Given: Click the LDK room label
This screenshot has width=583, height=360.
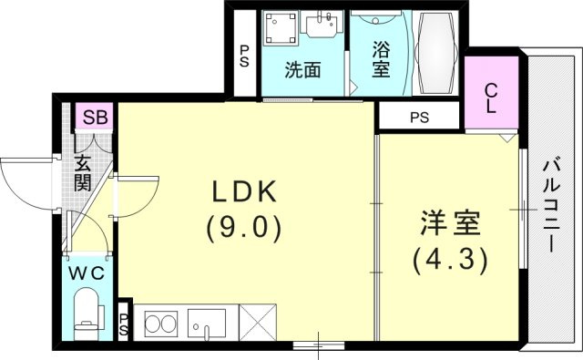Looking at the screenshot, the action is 244,191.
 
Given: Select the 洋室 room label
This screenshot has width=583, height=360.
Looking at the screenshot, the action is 450,223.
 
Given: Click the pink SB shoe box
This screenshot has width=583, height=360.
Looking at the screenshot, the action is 95,117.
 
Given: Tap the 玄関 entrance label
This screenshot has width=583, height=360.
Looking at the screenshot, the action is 83,173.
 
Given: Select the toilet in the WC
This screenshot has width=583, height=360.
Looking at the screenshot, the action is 87,314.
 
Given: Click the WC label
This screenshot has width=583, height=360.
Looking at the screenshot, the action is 87,273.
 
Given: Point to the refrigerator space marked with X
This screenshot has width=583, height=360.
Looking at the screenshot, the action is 258,322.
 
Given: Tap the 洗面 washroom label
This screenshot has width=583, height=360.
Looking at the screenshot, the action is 302,69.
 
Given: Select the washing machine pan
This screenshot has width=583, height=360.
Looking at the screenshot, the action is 281,28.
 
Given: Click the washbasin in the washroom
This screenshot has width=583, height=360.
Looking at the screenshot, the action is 322,25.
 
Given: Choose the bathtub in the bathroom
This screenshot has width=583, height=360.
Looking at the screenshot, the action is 435,52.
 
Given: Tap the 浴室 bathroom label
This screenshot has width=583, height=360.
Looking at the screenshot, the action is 381,59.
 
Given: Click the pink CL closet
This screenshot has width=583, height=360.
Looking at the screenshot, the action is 492,92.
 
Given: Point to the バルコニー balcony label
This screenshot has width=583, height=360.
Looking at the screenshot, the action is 551,206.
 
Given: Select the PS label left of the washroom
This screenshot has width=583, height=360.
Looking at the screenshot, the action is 244,57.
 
